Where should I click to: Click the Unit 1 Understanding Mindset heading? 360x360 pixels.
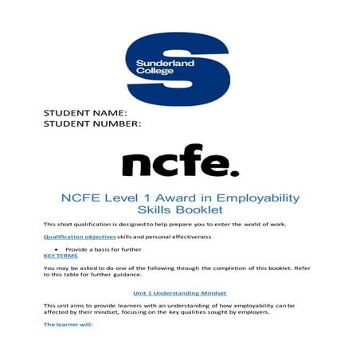click(x=179, y=292)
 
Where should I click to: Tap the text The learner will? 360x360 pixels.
click(x=68, y=325)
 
